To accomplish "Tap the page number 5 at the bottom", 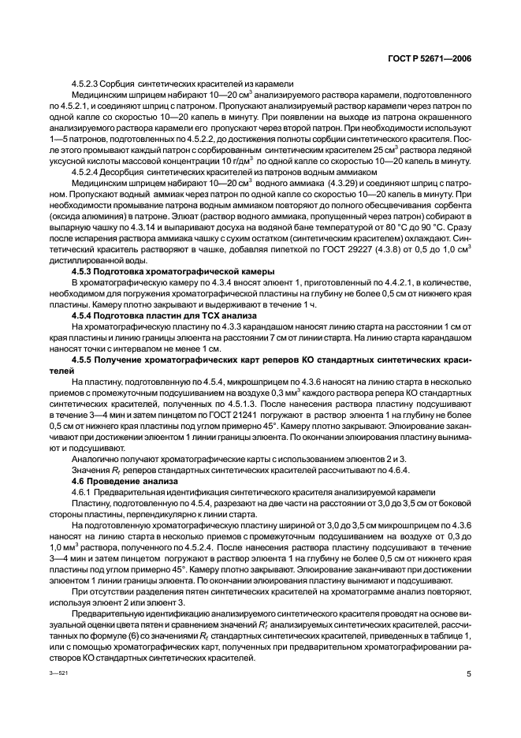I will click(x=468, y=674).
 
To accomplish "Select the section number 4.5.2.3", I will click(x=88, y=83).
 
